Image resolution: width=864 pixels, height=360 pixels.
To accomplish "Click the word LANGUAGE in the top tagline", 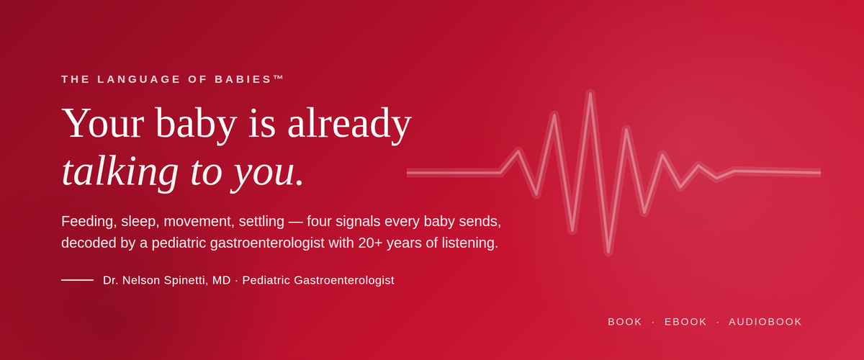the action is tap(139, 79).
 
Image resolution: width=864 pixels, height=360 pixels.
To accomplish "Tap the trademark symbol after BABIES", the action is tap(278, 77).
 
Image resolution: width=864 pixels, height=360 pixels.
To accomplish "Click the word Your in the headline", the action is tap(102, 123).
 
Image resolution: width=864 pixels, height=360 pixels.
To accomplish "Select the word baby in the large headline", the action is tap(196, 125).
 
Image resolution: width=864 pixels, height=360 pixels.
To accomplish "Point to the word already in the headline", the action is tap(349, 125).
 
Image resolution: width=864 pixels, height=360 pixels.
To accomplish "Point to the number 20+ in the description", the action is tap(370, 243).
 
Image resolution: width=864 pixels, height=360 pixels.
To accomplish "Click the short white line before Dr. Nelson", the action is tap(77, 280).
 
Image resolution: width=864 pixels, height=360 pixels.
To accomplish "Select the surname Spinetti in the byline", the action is tap(186, 280).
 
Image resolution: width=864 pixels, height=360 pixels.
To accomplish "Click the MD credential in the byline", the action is tap(222, 280).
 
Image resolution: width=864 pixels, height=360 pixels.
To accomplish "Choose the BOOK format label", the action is tap(625, 322).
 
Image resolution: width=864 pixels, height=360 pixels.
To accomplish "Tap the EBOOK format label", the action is tap(685, 322).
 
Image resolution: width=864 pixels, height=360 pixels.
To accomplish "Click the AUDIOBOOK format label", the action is tap(765, 322).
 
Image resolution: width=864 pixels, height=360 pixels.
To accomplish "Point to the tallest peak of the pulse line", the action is tap(590, 94).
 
